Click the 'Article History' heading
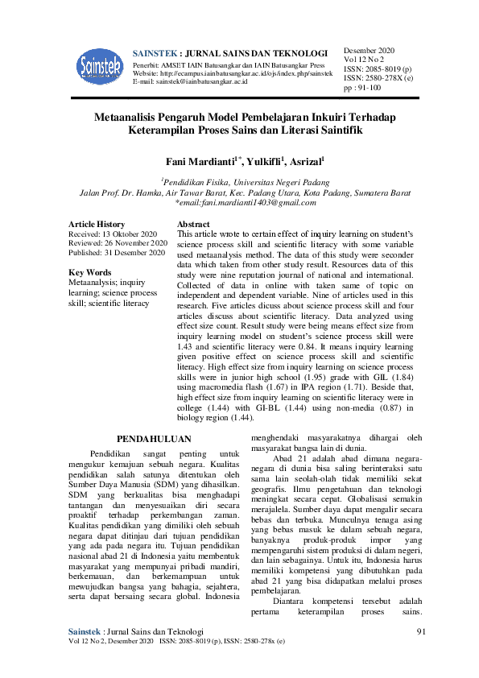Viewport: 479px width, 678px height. point(97,224)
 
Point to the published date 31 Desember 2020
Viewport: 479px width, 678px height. point(138,253)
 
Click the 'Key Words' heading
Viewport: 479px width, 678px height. point(90,272)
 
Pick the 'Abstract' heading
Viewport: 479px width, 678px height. point(193,224)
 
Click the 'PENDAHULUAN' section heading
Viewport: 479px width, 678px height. point(154,439)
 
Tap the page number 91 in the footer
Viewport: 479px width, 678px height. point(420,653)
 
